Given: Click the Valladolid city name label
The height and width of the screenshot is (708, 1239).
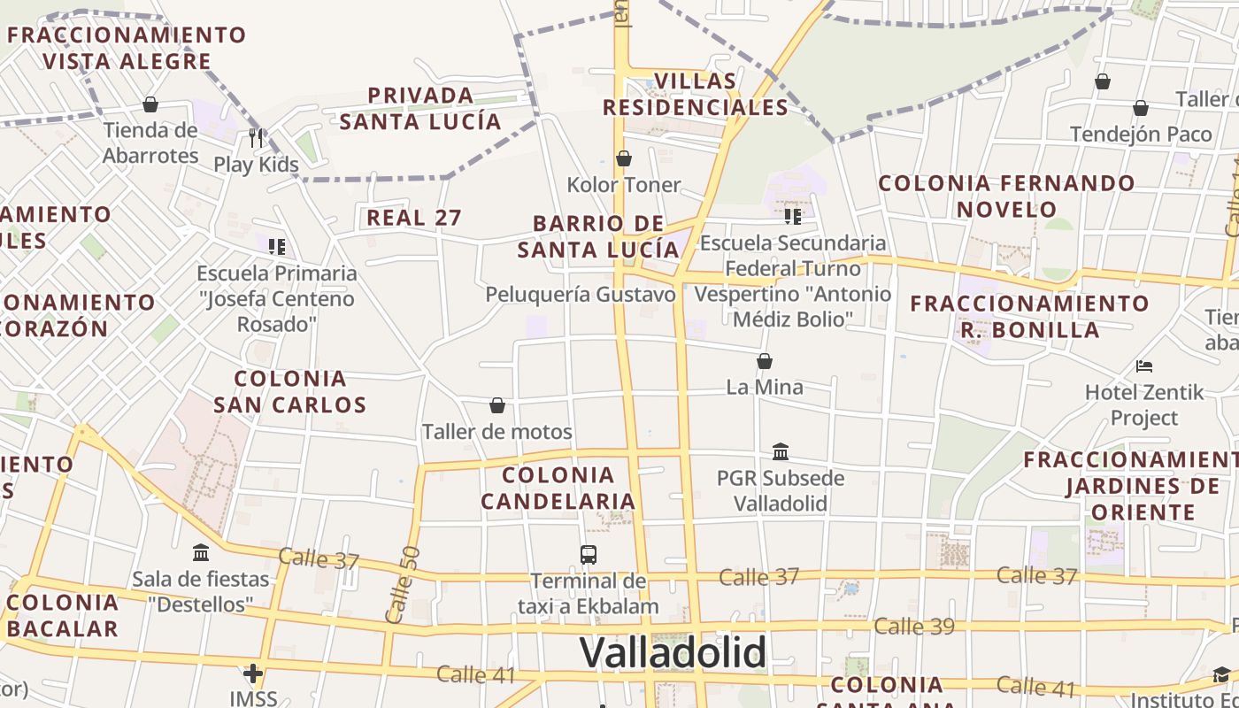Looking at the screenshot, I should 673,653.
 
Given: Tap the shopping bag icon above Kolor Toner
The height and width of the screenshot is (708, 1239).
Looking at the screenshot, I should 624,159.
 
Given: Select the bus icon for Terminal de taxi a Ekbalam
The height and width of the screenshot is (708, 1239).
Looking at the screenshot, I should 589,555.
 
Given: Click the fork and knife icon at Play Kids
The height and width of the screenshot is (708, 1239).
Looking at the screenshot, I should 257,138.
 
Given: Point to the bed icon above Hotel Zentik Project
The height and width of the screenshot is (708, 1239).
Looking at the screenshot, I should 1144,366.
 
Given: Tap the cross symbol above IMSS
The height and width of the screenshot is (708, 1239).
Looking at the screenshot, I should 253,674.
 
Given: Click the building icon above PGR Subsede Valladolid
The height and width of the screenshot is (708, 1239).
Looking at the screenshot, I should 781,451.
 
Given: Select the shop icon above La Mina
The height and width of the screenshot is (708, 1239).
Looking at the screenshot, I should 765,361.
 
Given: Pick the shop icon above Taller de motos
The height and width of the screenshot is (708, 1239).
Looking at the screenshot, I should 497,405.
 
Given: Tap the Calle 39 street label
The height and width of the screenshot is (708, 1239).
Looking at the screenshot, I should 914,627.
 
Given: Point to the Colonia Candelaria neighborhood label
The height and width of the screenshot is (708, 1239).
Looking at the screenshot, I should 558,488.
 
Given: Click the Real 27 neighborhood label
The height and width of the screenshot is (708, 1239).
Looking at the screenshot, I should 414,218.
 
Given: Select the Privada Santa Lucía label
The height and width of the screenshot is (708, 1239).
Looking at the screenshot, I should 420,108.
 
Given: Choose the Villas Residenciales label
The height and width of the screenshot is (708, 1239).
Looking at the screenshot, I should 695,94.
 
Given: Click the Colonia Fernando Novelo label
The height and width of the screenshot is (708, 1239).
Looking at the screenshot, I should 1006,196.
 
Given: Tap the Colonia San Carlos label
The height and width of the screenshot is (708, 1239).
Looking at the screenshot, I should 289,391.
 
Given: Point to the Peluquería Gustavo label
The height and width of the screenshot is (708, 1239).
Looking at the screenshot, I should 581,294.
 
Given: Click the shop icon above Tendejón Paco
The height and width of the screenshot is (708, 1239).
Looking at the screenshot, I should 1141,109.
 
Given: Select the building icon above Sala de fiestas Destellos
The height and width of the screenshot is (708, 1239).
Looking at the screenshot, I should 201,553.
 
